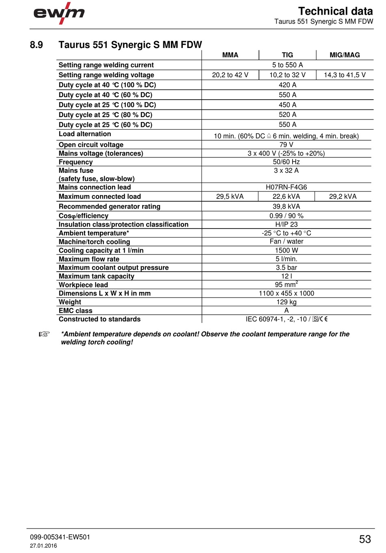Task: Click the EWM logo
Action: (59, 13)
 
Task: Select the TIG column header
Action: (287, 55)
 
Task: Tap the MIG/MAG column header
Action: (345, 55)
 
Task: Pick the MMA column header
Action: (230, 55)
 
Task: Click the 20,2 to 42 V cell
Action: (230, 75)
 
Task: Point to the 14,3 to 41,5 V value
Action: (345, 75)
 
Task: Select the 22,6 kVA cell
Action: (286, 196)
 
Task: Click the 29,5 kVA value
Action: (230, 196)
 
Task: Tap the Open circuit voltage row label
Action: (91, 145)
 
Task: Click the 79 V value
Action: (286, 145)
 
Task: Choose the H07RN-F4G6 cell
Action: (286, 187)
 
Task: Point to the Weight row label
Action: (70, 302)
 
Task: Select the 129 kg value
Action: (286, 302)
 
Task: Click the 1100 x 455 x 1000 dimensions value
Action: (286, 293)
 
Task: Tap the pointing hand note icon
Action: (44, 334)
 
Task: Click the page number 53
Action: (365, 539)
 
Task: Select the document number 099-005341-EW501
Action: (60, 537)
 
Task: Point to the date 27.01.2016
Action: (43, 546)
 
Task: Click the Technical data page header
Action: (335, 11)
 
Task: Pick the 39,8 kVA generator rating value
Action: (286, 207)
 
